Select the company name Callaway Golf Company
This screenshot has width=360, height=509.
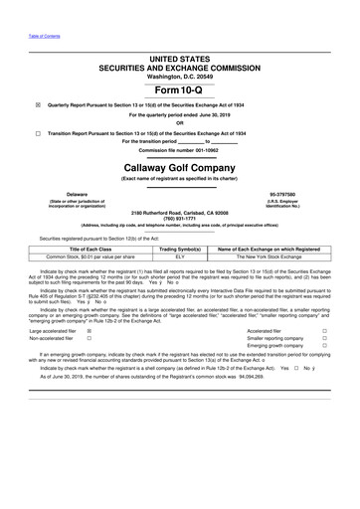pos(179,168)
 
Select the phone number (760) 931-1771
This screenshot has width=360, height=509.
pos(179,219)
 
